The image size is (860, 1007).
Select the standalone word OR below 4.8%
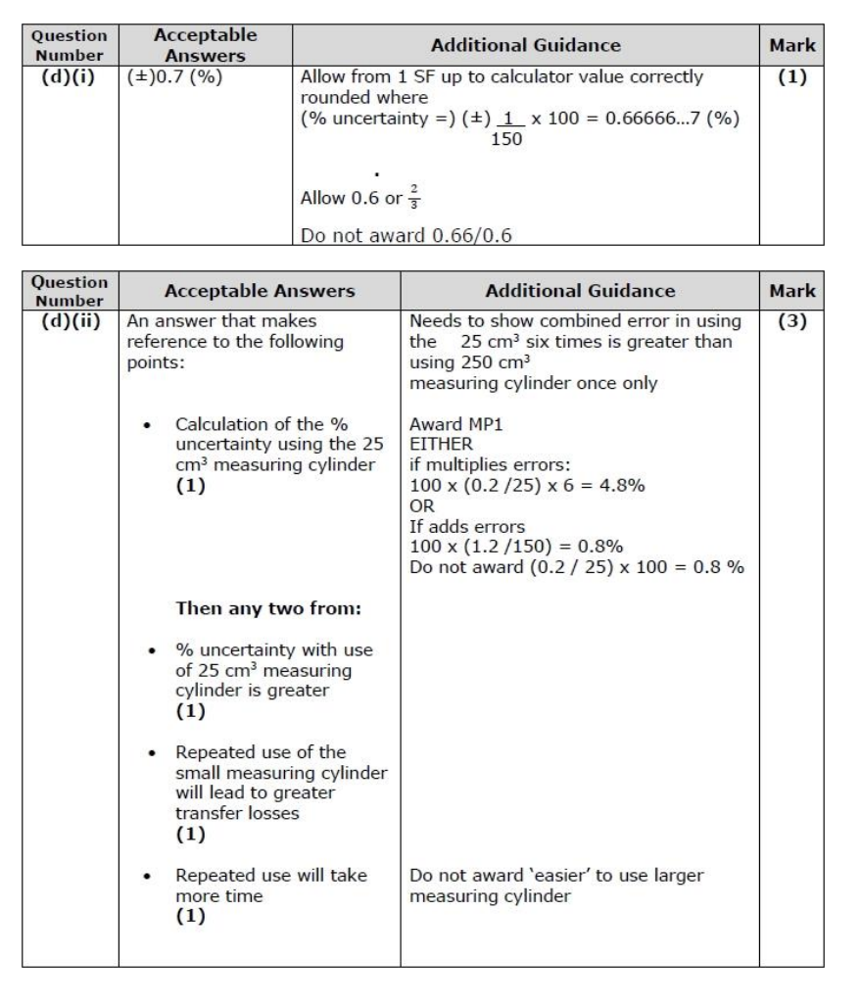[419, 502]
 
